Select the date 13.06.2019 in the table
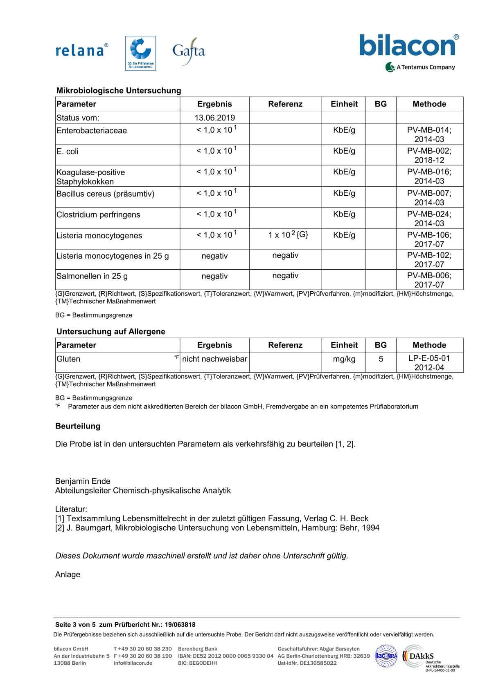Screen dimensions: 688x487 tap(214, 118)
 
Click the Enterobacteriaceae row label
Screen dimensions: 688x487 tap(92, 131)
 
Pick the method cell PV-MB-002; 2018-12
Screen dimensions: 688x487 tap(429, 155)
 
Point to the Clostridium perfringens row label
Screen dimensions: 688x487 tap(98, 215)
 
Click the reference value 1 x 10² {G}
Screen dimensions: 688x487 tap(288, 235)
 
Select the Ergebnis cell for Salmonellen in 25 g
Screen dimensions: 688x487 tap(214, 276)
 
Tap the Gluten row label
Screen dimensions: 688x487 tap(68, 359)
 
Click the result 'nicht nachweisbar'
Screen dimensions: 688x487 tap(214, 359)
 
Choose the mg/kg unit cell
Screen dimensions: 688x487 tap(344, 359)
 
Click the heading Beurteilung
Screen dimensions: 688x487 tap(78, 426)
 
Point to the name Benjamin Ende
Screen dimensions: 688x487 tap(83, 481)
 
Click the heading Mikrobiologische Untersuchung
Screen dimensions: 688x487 tap(119, 91)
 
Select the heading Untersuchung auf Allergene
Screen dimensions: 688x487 tap(111, 332)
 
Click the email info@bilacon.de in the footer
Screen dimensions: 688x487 tap(133, 663)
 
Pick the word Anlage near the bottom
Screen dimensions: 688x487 tap(68, 574)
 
